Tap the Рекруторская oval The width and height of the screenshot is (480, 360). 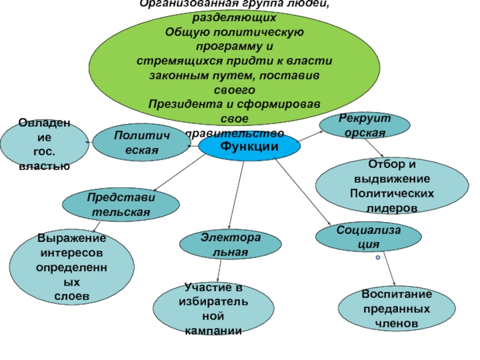coord(364,125)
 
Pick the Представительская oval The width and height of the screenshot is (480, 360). coord(120,205)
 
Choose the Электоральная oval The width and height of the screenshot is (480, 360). coord(230,244)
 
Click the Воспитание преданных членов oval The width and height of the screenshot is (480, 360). coord(395,308)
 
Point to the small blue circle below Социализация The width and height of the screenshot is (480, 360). coord(378,257)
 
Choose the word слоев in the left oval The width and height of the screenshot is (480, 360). coord(72,296)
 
